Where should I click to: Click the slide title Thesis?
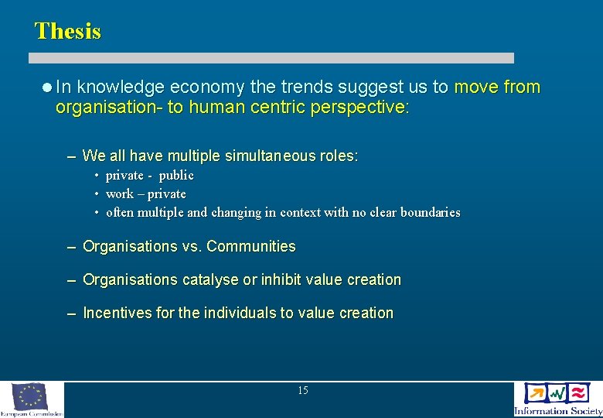[68, 31]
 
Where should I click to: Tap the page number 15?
[302, 391]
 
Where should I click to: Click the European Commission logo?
[32, 399]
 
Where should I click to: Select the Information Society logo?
[557, 399]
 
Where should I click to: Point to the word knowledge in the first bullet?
[121, 87]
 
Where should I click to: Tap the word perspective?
[359, 107]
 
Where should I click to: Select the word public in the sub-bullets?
[176, 175]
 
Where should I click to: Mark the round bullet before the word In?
[47, 87]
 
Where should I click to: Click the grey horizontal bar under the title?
[271, 58]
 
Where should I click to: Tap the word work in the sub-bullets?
[119, 194]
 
